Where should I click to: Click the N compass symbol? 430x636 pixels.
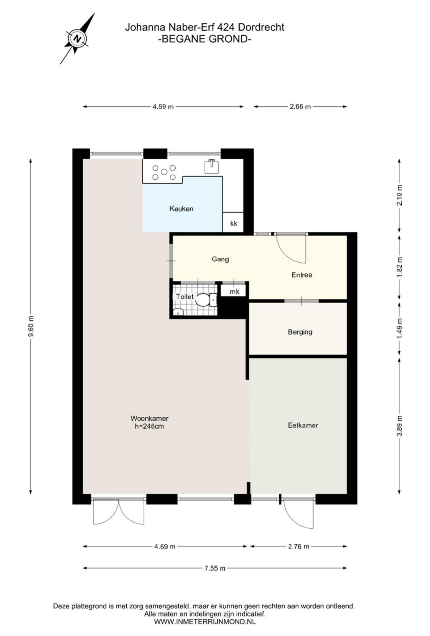pos(78,38)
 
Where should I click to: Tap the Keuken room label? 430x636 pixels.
pos(181,209)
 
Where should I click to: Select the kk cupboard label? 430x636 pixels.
pos(233,224)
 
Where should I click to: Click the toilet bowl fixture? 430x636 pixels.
pos(202,300)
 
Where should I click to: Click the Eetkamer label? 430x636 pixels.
pos(303,425)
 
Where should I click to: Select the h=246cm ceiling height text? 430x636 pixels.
pos(149,426)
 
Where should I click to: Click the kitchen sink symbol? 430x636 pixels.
pos(212,166)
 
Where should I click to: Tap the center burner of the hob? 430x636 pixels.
pos(164,172)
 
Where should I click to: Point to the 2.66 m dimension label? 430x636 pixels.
pos(300,107)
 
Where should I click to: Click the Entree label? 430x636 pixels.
pos(302,275)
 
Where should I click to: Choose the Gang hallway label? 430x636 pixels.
pos(220,259)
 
